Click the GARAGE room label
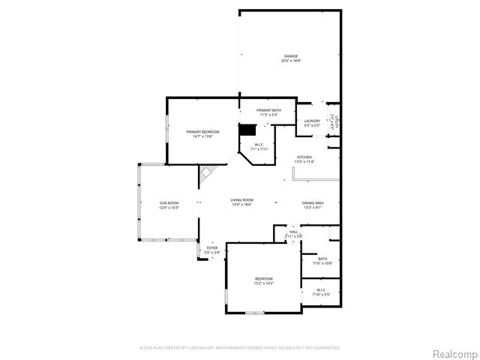(x=291, y=56)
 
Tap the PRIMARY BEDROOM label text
(x=202, y=131)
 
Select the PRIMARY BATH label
(x=268, y=111)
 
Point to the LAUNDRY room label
(x=312, y=121)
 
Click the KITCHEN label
(x=304, y=157)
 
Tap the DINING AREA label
(x=313, y=203)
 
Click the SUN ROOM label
(x=168, y=203)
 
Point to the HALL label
(x=293, y=232)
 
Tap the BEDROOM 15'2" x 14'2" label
(x=264, y=278)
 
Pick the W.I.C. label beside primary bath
(x=259, y=145)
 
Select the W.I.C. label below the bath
(x=321, y=289)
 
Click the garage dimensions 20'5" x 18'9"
(x=291, y=61)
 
